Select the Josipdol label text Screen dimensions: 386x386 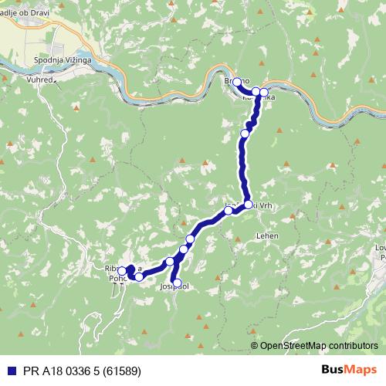[174, 286]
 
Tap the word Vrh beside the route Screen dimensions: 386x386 [265, 205]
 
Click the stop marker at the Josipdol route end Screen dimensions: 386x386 [177, 283]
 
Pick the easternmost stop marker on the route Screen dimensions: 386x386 [264, 93]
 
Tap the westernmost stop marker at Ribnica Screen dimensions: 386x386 [122, 271]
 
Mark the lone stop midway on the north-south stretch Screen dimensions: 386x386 [245, 134]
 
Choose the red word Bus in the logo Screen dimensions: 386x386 [334, 370]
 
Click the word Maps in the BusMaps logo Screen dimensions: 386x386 [364, 370]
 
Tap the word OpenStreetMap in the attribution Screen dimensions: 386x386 [293, 345]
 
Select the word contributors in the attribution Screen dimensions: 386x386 [352, 345]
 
